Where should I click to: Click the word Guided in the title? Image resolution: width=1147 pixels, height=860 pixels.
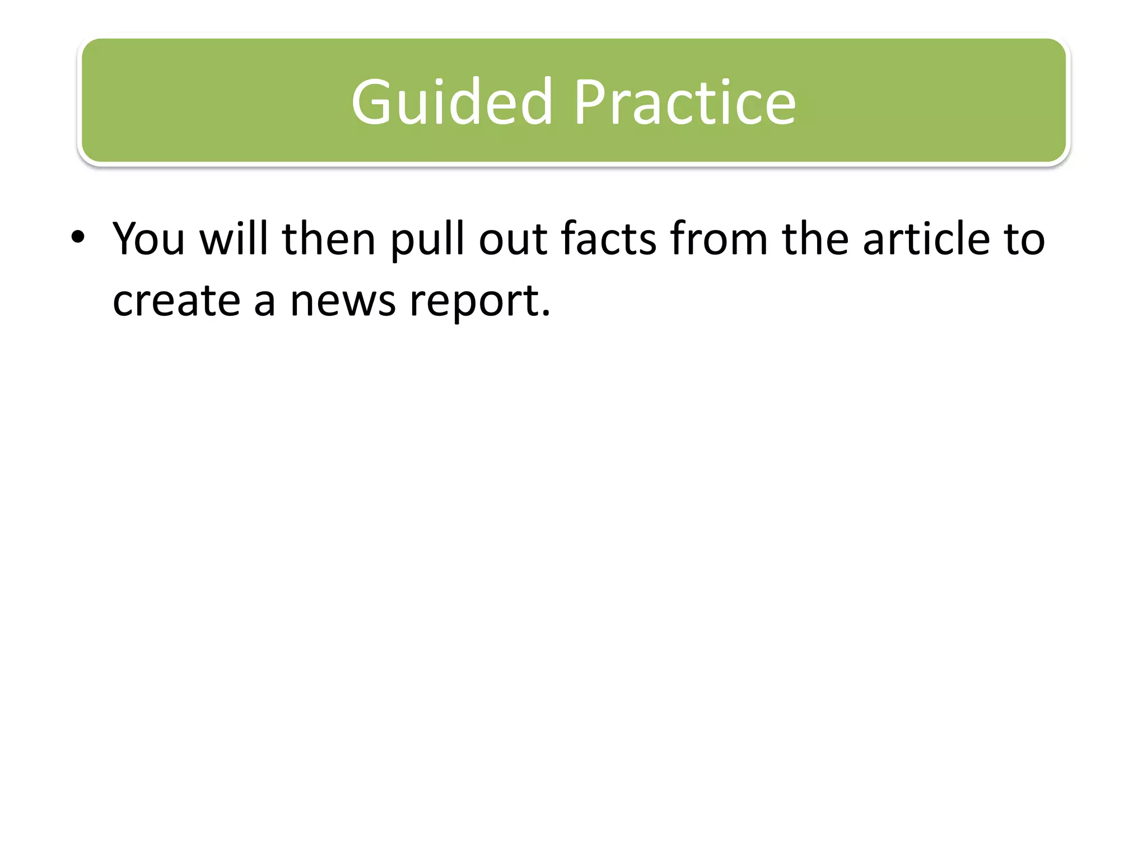tap(452, 102)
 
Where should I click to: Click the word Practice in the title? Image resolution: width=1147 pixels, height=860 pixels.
tap(684, 102)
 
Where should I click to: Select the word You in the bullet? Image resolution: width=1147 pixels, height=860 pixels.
tap(148, 239)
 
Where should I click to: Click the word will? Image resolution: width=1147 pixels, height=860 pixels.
tap(234, 239)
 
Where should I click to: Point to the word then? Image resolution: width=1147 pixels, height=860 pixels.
tap(328, 239)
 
